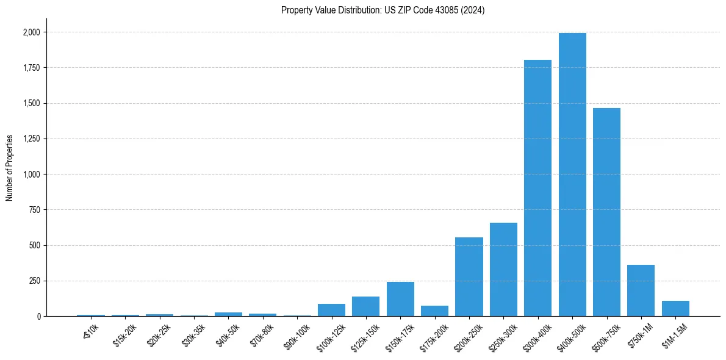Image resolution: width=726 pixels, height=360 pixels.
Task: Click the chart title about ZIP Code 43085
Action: [383, 10]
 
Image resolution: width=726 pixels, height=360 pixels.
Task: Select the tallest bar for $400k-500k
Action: [572, 175]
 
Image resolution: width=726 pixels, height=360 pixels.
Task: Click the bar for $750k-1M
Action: [641, 290]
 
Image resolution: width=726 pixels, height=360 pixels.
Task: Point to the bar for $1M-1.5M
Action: [675, 309]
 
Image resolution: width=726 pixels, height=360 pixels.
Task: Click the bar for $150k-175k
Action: [400, 299]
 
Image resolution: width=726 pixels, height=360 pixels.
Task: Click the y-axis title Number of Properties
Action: [10, 168]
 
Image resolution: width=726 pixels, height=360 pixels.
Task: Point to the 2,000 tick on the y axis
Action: [32, 32]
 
